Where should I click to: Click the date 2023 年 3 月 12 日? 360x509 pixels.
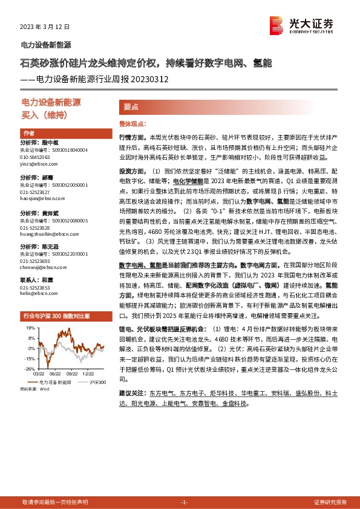45,27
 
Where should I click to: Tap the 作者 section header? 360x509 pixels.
28,133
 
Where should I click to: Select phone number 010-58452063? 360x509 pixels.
36,157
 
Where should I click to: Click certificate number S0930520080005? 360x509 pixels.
63,221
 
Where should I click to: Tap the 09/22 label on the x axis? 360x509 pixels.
71,374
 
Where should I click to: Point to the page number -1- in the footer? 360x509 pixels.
185,502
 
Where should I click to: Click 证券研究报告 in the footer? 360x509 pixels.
330,502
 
